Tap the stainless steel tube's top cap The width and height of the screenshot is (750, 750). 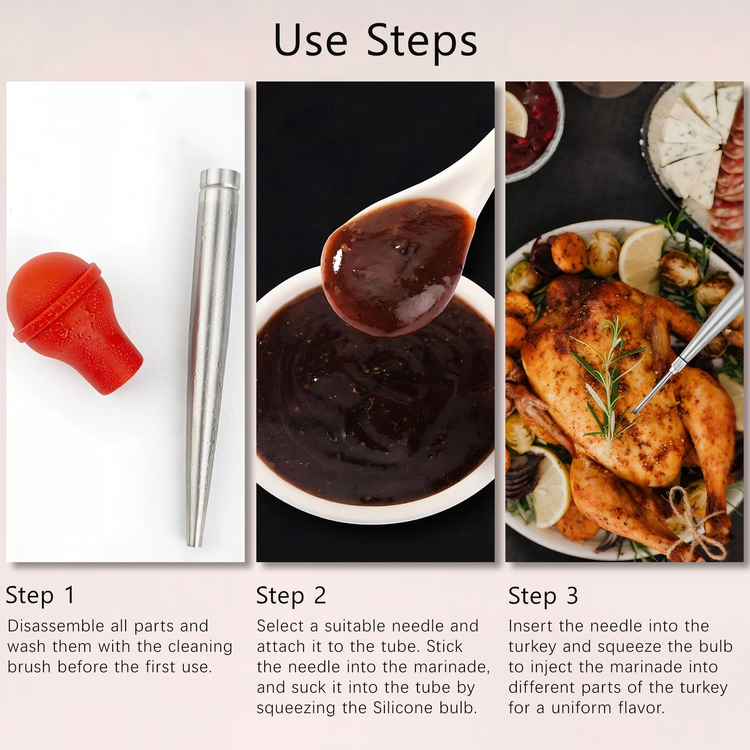click(x=220, y=179)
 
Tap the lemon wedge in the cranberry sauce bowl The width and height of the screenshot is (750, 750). click(x=516, y=115)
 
